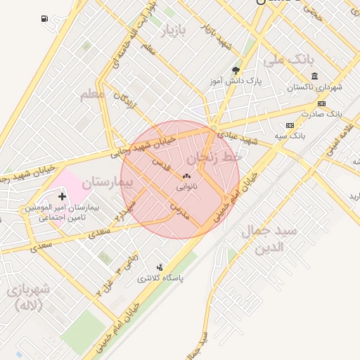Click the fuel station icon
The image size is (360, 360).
pyautogui.click(x=45, y=18)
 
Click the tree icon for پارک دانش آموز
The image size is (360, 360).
pyautogui.click(x=235, y=70)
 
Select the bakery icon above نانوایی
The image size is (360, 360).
pyautogui.click(x=186, y=176)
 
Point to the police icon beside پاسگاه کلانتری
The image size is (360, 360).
pyautogui.click(x=160, y=267)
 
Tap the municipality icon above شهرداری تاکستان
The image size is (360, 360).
pyautogui.click(x=314, y=77)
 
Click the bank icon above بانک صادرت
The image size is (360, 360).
pyautogui.click(x=321, y=103)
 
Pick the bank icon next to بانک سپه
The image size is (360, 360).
pyautogui.click(x=289, y=125)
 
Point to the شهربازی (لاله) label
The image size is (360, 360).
pyautogui.click(x=28, y=297)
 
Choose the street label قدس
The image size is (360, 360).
pyautogui.click(x=162, y=166)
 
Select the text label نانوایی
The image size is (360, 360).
pyautogui.click(x=186, y=187)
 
